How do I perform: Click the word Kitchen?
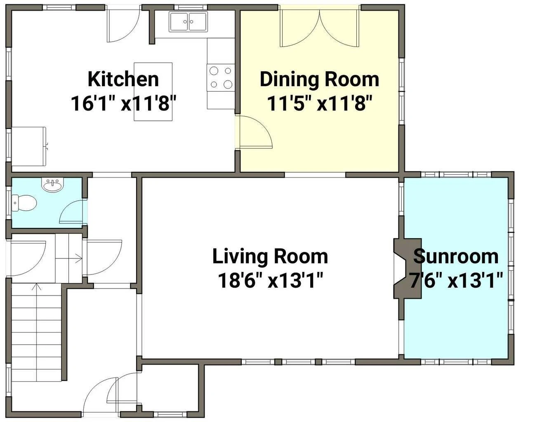tap(123, 79)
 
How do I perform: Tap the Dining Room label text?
tap(319, 79)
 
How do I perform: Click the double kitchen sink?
tap(188, 21)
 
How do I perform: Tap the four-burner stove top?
tap(221, 77)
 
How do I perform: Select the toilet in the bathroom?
tap(24, 203)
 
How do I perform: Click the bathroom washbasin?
tap(52, 185)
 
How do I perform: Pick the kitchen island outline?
tap(153, 91)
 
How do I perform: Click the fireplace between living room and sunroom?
tap(407, 268)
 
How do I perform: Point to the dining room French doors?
tap(320, 28)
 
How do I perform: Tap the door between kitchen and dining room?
tap(254, 132)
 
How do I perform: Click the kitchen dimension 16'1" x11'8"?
tap(123, 103)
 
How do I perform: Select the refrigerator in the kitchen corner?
tap(29, 146)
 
